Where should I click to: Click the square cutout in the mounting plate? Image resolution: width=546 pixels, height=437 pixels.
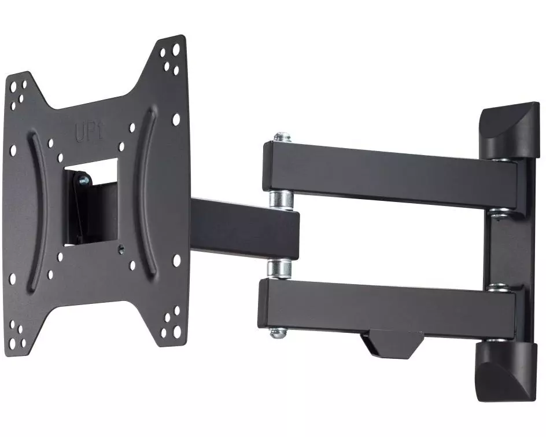[91, 202]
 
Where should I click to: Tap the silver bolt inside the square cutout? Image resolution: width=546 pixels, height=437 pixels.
[83, 180]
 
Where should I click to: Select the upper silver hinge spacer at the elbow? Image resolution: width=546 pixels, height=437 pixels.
[281, 200]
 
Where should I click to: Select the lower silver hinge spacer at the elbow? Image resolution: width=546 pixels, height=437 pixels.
[279, 269]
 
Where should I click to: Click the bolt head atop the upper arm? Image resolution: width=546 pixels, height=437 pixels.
[282, 137]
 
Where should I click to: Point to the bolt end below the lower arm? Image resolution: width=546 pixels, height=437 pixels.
[278, 333]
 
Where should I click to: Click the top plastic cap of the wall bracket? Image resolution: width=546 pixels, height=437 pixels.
[510, 131]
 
